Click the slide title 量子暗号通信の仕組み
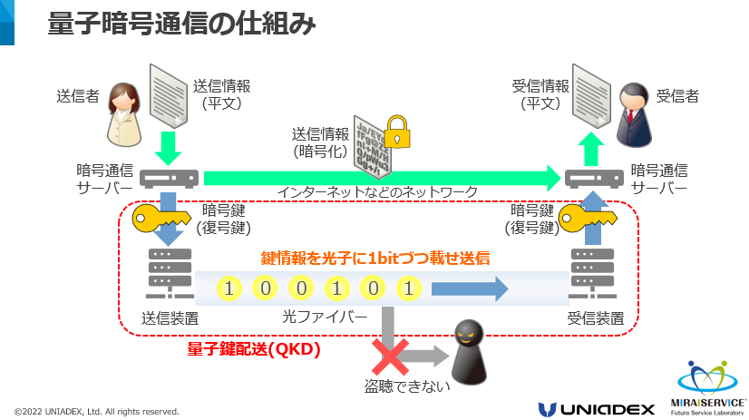[181, 24]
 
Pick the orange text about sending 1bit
[375, 259]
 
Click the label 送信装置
[170, 318]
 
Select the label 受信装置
[595, 318]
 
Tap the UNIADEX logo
[596, 408]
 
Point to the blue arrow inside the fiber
[469, 289]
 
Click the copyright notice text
[96, 411]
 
